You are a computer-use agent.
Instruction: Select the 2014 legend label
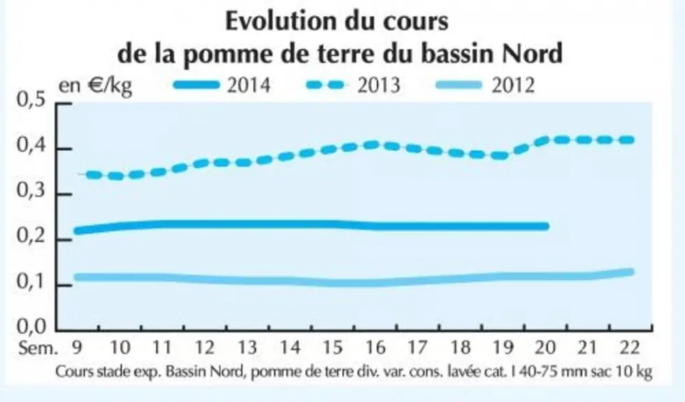(249, 84)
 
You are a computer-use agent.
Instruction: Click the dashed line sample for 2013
(325, 84)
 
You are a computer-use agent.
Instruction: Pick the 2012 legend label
(513, 84)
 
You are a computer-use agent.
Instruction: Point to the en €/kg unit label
(95, 85)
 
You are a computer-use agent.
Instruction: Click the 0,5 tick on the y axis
(31, 100)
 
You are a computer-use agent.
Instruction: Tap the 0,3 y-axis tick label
(31, 191)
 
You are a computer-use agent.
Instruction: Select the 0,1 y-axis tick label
(31, 282)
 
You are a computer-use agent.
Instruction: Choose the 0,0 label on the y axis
(31, 326)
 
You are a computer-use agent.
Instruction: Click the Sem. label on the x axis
(38, 348)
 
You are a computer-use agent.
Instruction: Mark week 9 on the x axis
(76, 348)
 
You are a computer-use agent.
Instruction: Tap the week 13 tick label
(247, 348)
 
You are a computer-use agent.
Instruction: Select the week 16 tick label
(375, 348)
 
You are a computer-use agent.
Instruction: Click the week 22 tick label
(630, 348)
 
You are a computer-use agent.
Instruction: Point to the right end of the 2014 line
(546, 226)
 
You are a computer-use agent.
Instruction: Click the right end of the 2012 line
(630, 272)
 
